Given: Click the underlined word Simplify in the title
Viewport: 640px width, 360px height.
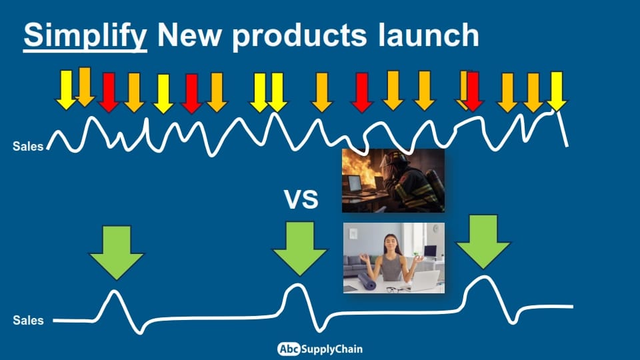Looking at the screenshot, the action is [85, 36].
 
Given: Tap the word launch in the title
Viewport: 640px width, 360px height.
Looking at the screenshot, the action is [428, 35].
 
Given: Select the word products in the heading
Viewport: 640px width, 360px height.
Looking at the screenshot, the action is [299, 37].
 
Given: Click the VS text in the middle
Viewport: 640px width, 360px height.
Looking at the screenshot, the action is [301, 199].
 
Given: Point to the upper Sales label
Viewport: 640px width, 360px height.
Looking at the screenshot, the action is [28, 146].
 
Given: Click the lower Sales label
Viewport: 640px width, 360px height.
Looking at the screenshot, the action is [28, 320].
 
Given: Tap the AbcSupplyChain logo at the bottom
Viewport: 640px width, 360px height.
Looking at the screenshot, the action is [319, 349].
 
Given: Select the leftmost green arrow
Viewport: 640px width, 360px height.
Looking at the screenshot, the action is [117, 252].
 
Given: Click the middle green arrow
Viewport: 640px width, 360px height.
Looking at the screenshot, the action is [300, 249].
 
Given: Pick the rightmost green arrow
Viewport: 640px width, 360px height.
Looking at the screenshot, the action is [483, 241].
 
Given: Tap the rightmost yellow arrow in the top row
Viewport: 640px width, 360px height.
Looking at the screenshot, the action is [556, 91].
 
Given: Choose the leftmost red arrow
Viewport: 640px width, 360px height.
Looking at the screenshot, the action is [109, 92].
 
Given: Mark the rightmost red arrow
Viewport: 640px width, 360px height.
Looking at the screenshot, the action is [473, 91].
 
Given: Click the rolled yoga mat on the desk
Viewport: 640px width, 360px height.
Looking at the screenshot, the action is [367, 281].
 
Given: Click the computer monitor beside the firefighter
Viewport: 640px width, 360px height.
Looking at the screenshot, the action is [354, 184].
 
